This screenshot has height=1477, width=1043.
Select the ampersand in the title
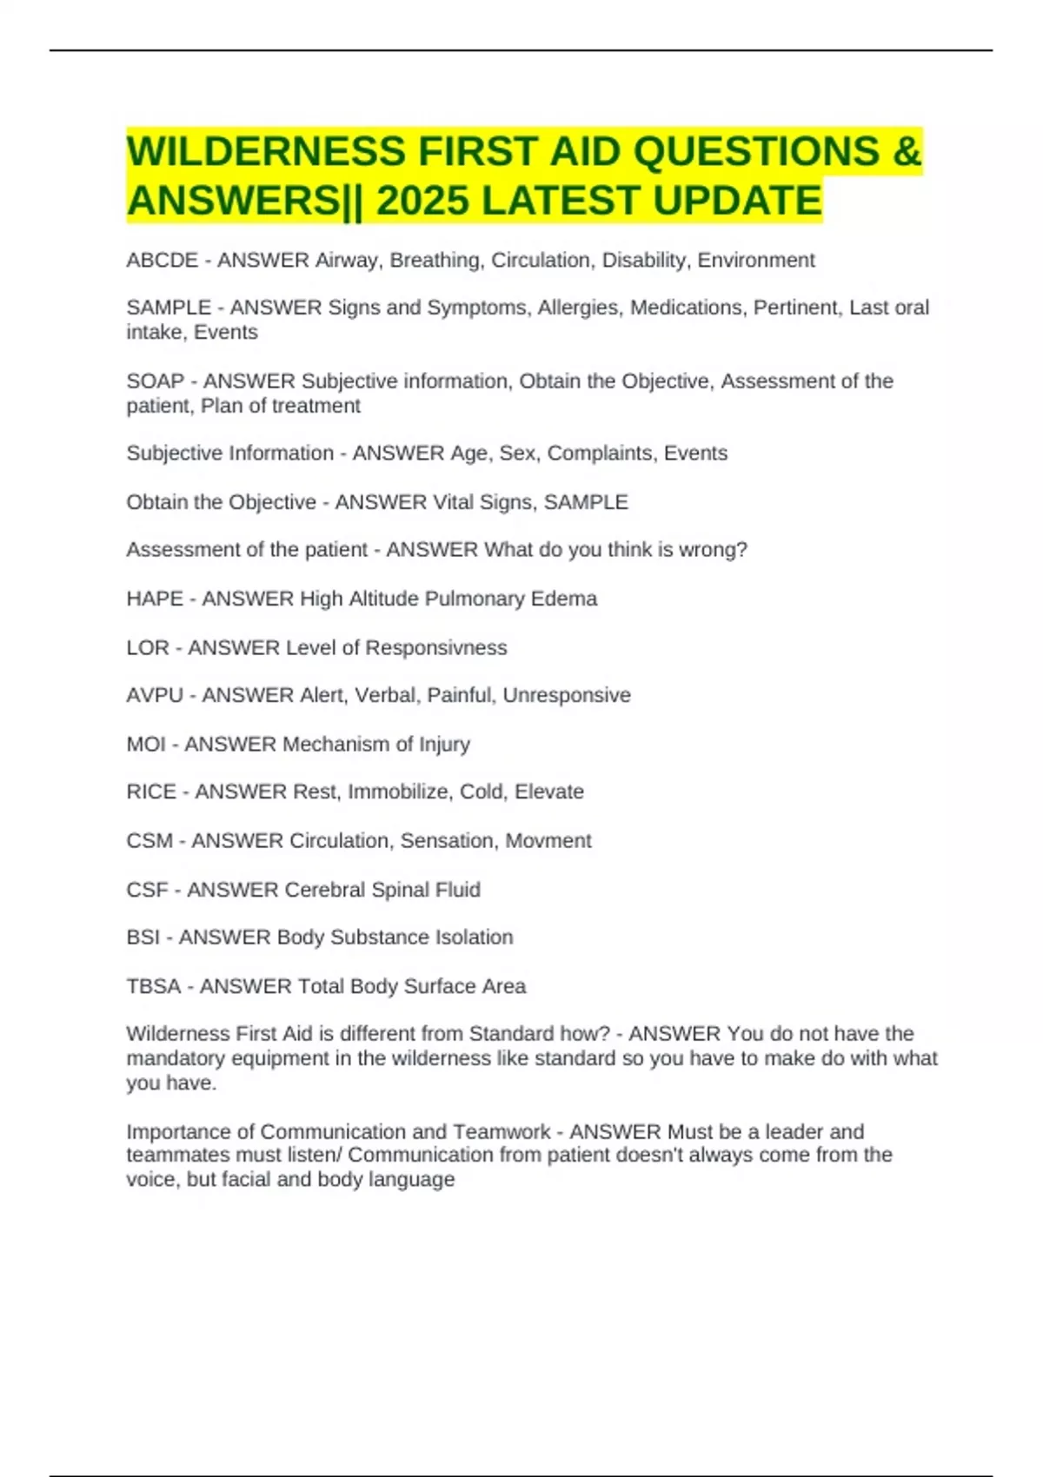coord(906,151)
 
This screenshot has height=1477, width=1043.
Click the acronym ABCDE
coord(162,261)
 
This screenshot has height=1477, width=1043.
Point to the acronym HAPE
coord(154,599)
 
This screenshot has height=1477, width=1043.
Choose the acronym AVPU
coord(155,695)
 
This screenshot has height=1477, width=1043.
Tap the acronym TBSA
coord(154,986)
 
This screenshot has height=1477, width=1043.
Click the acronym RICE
coord(151,791)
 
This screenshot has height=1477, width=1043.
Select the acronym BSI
coord(143,937)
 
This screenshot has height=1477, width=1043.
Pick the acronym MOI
coord(146,744)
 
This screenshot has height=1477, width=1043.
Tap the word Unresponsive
coord(567,695)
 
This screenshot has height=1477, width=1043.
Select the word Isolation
coord(473,937)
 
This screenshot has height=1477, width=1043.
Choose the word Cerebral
coord(324,890)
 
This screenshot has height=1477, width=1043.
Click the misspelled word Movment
coord(548,840)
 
